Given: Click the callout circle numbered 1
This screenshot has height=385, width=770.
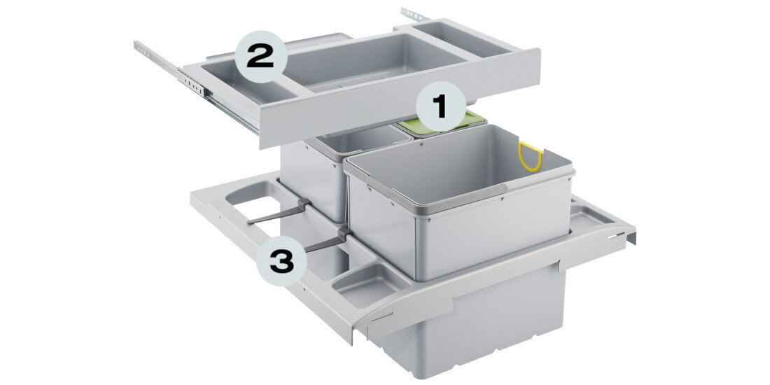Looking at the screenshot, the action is [x=440, y=106].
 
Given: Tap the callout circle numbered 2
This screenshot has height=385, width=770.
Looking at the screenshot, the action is [x=260, y=57].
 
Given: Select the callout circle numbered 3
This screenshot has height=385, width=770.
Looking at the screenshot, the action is [x=282, y=261].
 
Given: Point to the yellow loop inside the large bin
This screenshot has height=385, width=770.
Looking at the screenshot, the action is [x=530, y=156].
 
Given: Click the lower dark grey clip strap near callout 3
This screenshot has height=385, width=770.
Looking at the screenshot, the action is [x=328, y=241].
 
